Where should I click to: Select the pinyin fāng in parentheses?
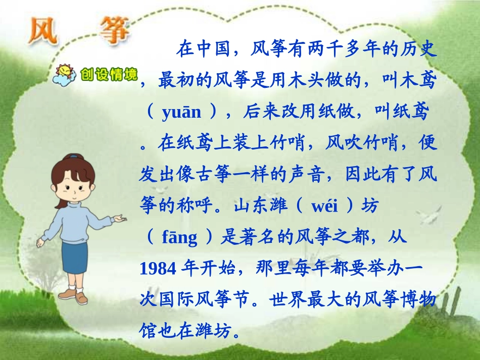[x=179, y=238]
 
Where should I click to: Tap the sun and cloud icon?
[x=65, y=74]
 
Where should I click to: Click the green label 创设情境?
[x=109, y=75]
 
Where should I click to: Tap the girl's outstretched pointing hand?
[x=118, y=219]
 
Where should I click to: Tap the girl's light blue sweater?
[x=76, y=217]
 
